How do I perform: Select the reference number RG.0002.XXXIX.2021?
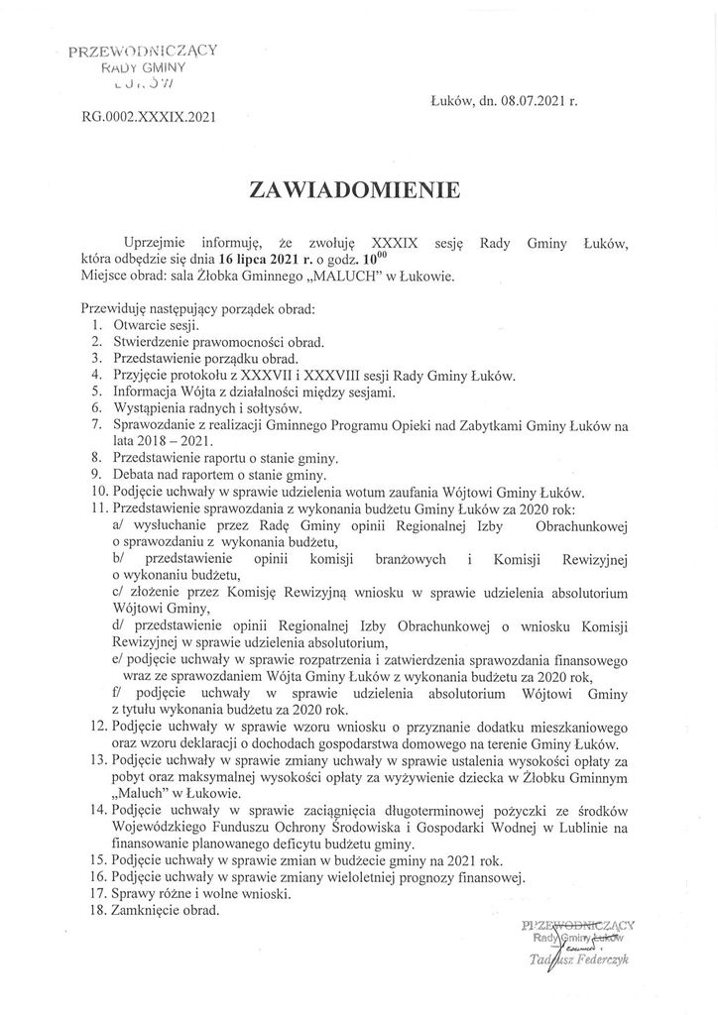point(151,116)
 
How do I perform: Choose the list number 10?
point(96,492)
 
